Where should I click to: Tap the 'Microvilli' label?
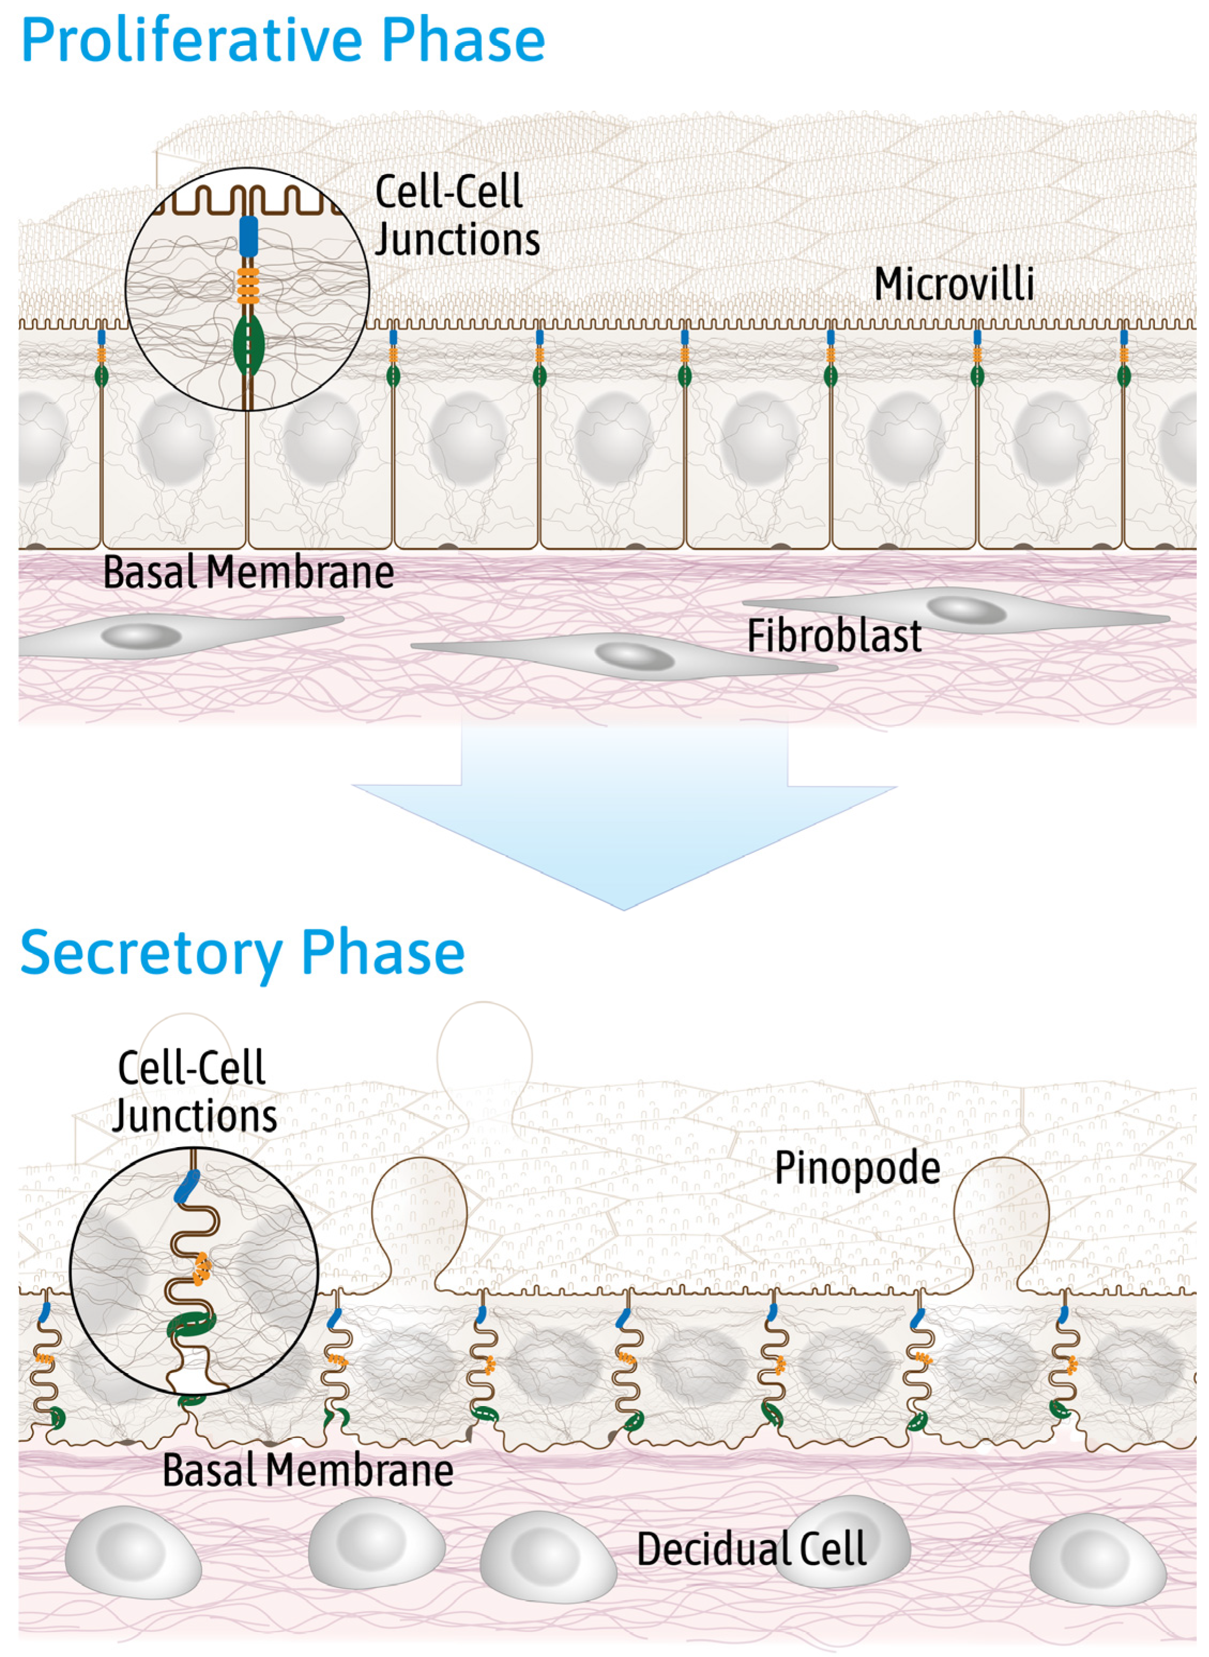click(x=954, y=284)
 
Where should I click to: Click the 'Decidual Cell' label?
click(x=752, y=1549)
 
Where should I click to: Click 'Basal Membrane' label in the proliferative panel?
click(x=248, y=572)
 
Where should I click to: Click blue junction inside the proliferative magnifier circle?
click(x=248, y=235)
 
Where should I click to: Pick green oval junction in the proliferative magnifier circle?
click(x=248, y=344)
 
